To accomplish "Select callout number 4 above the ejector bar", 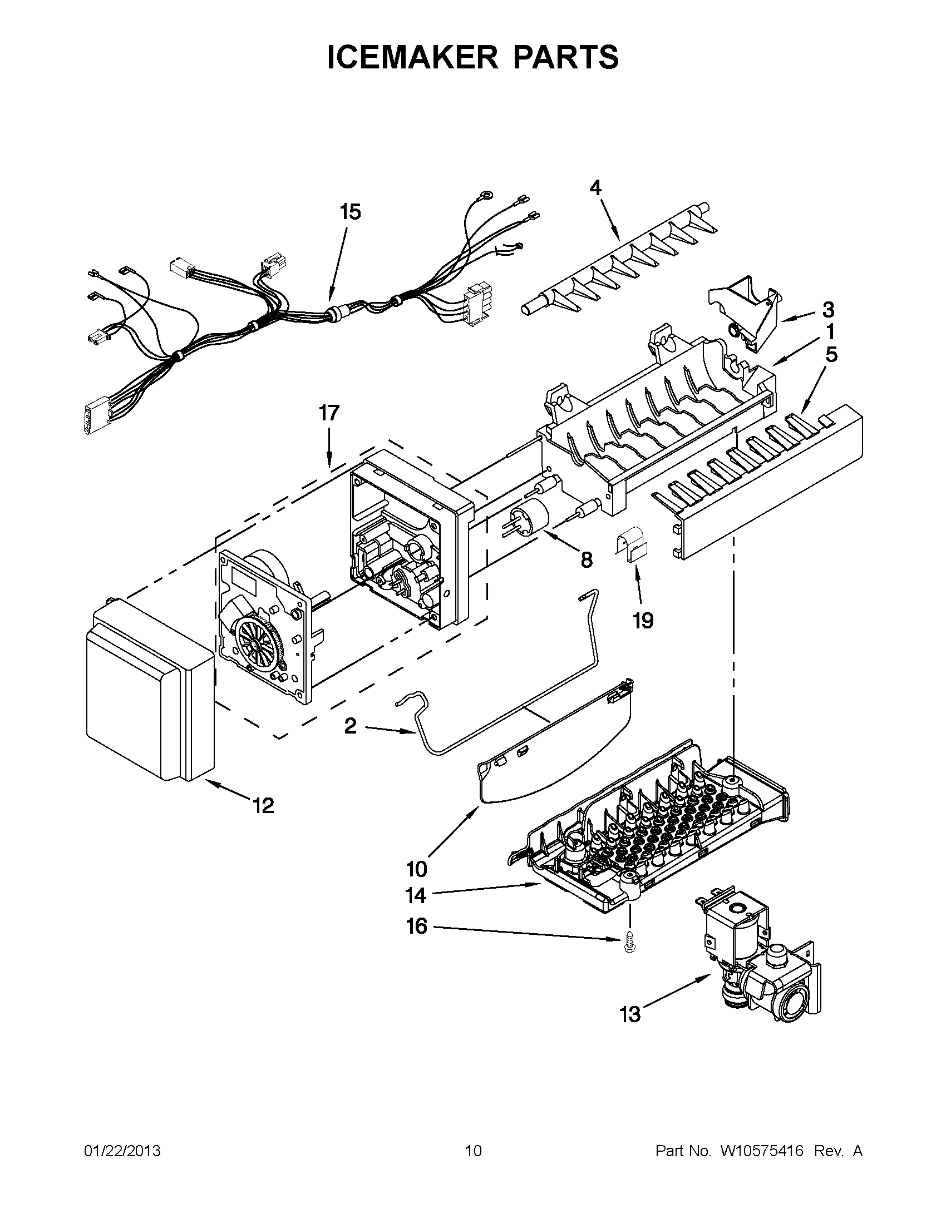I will pos(595,187).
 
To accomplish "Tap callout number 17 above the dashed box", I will pos(329,413).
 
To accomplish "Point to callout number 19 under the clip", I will pos(643,621).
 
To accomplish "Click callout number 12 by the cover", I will pos(263,806).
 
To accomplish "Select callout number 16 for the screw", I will pos(417,926).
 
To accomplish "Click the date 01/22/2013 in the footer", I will pos(122,1151).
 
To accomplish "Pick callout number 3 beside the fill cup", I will pos(827,309).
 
